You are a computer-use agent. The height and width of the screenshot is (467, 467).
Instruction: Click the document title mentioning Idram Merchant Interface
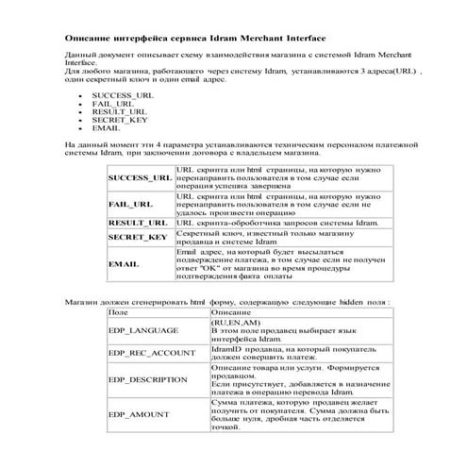pos(193,38)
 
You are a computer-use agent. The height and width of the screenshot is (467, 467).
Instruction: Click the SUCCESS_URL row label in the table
pos(141,177)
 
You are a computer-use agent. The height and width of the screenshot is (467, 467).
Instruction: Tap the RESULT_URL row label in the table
pos(139,223)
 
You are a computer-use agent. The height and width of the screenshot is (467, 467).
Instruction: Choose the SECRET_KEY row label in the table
pos(138,237)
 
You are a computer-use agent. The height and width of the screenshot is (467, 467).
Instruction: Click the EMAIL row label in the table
pos(125,264)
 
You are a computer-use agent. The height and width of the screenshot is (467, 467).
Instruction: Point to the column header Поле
pos(119,311)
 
